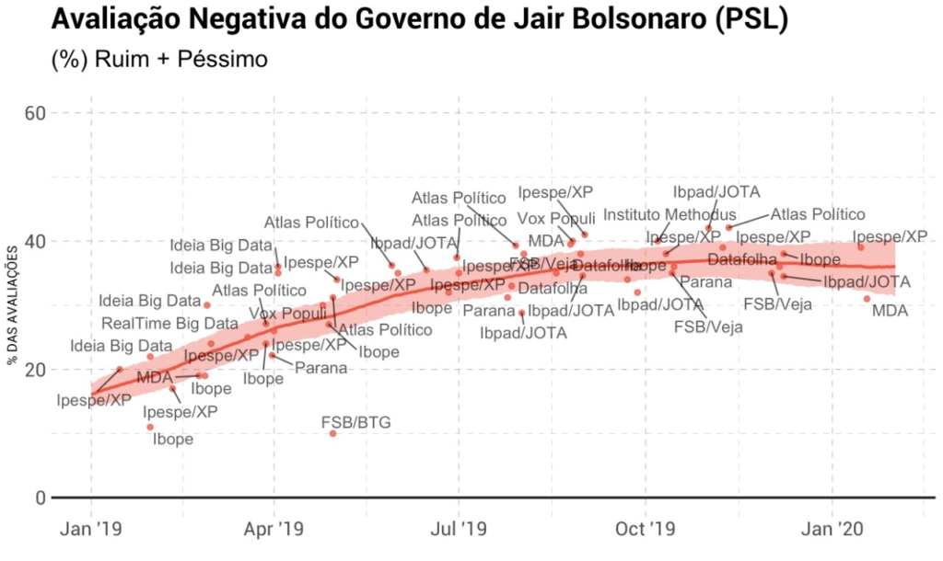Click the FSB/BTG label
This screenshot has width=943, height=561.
[x=355, y=422]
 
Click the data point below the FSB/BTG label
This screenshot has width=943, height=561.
[x=333, y=433]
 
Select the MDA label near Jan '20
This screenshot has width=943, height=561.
[x=890, y=311]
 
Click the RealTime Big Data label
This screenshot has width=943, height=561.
[x=169, y=323]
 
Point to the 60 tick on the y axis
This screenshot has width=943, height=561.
[x=35, y=112]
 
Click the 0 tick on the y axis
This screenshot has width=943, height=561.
[x=41, y=498]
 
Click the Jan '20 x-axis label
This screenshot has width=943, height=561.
[x=833, y=530]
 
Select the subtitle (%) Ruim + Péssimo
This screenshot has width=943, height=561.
[x=159, y=61]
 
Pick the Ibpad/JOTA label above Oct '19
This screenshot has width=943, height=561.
[x=716, y=191]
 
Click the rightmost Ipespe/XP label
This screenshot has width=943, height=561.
[x=896, y=236]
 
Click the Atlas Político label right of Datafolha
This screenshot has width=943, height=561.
[x=818, y=214]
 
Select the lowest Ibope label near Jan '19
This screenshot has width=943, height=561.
[x=172, y=440]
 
